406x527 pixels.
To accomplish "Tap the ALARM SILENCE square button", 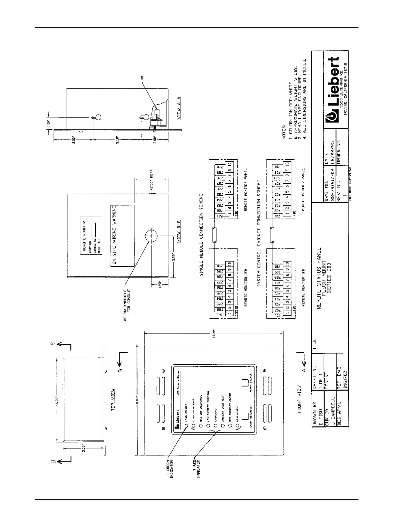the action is (245, 382).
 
